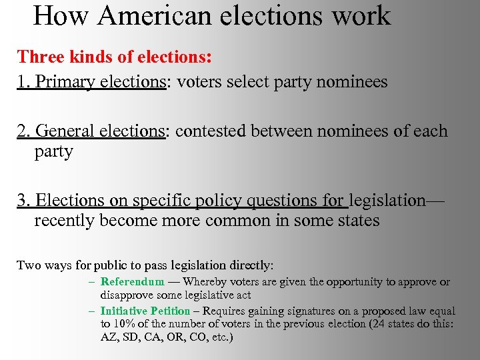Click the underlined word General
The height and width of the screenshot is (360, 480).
point(65,131)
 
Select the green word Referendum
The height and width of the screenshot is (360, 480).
point(132,282)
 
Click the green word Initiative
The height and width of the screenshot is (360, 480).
point(123,311)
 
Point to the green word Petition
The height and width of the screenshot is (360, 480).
point(171,311)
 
